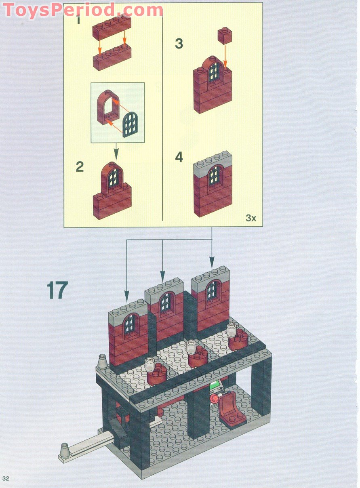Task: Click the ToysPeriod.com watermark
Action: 83,10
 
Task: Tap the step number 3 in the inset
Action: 179,44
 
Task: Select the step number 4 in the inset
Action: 179,157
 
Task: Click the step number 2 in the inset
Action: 80,167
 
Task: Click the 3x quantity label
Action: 251,218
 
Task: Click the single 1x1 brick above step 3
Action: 225,36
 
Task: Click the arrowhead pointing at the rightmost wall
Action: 212,262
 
